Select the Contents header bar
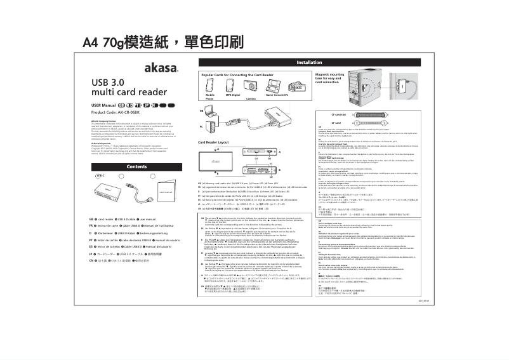[136, 166]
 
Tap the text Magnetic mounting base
[328, 76]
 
